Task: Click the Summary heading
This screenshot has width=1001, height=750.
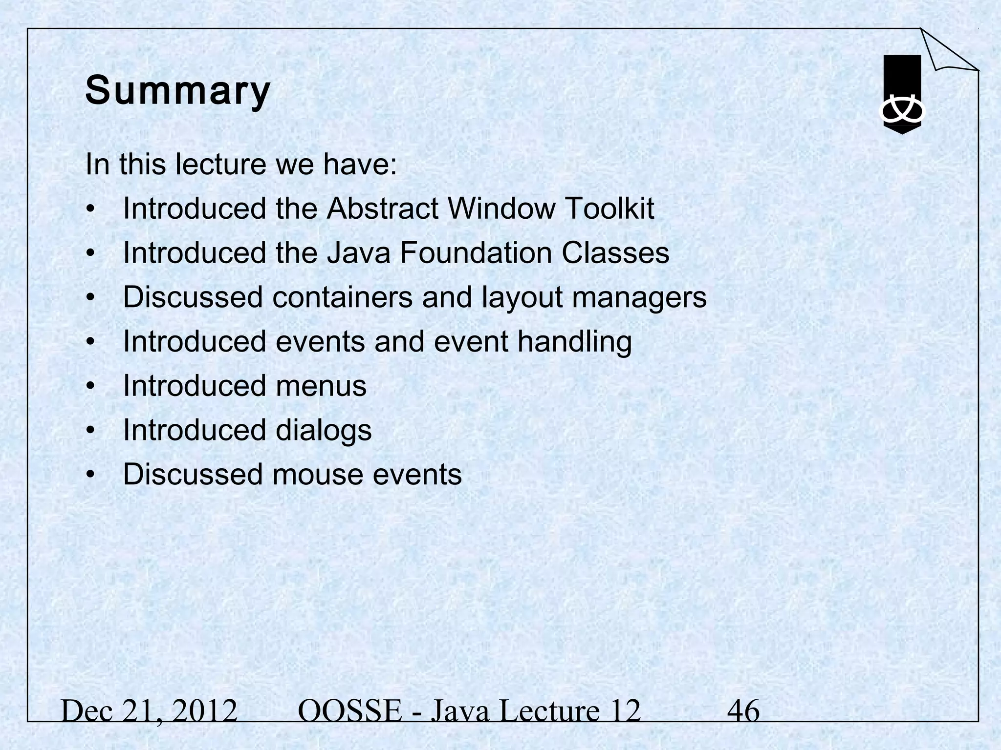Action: [x=177, y=91]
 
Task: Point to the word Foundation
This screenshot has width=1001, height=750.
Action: [x=476, y=253]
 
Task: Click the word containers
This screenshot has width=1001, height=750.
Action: [x=342, y=297]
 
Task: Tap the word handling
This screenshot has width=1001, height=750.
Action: [x=574, y=342]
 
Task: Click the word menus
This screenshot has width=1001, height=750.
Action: [x=321, y=386]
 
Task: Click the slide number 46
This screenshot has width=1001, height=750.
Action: [x=743, y=711]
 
